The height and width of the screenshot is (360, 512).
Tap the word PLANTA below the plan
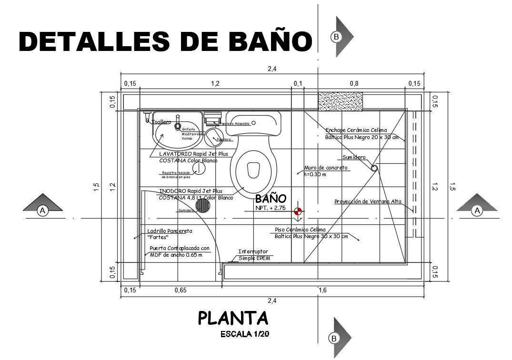point(233,318)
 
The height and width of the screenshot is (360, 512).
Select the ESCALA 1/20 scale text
point(245,334)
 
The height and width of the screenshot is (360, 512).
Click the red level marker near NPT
point(298,211)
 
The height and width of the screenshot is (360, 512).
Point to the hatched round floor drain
point(204,206)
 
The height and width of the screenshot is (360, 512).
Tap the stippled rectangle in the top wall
point(340,101)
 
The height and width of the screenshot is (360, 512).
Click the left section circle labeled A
point(43,210)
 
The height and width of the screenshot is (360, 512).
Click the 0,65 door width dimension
point(180,290)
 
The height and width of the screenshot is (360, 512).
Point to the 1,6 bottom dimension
point(322,290)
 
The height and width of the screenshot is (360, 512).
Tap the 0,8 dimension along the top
point(354,84)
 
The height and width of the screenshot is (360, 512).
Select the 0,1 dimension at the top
point(298,84)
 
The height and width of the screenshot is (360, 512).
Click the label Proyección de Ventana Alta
point(368,201)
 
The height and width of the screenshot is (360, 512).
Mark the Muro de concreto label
point(326,168)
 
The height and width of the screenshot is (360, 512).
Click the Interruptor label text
point(253,251)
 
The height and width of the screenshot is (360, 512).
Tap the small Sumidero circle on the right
point(374,167)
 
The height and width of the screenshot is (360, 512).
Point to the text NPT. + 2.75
point(271,208)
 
